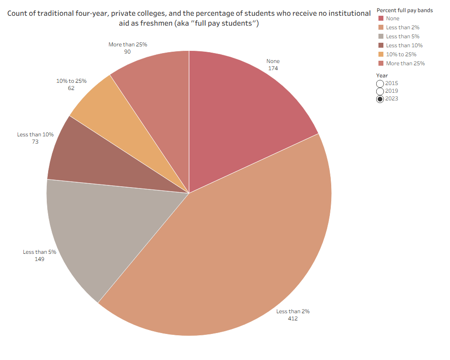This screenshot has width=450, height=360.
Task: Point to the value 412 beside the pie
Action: [292, 319]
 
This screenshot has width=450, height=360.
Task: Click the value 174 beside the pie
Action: [273, 68]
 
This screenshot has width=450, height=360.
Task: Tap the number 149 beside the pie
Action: [39, 259]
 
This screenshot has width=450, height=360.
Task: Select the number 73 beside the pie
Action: [35, 142]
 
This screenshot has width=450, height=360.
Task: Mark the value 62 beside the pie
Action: [71, 88]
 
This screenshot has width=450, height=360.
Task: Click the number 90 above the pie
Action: [127, 52]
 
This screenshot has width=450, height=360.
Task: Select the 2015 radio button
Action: [380, 84]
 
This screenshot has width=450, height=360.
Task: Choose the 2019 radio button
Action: [380, 91]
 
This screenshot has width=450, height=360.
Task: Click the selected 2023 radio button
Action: [380, 99]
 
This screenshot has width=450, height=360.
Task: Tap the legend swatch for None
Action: [381, 18]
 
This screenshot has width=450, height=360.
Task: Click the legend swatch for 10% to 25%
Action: [381, 54]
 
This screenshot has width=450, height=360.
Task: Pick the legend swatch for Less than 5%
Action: [381, 36]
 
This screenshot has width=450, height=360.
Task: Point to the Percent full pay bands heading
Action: [405, 10]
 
